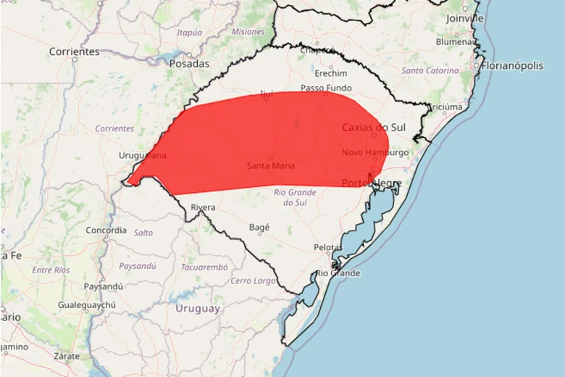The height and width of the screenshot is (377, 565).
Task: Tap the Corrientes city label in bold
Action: (74, 51)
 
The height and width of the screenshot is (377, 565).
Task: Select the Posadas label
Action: (188, 64)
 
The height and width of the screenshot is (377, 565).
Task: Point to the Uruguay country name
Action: (198, 308)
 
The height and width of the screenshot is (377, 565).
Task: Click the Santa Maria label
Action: (270, 165)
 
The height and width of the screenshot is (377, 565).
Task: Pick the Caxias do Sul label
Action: (374, 128)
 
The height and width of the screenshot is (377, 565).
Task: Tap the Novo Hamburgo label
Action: (375, 152)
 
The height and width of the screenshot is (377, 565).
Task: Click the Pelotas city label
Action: (327, 247)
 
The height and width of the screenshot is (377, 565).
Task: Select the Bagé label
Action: (259, 227)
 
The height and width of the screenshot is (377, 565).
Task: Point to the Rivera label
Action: (203, 207)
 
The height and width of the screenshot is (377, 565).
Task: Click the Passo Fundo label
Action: (326, 88)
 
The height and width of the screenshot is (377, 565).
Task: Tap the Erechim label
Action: (331, 73)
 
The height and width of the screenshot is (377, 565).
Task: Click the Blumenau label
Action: (455, 42)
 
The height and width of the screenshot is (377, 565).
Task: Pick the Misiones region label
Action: (248, 32)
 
